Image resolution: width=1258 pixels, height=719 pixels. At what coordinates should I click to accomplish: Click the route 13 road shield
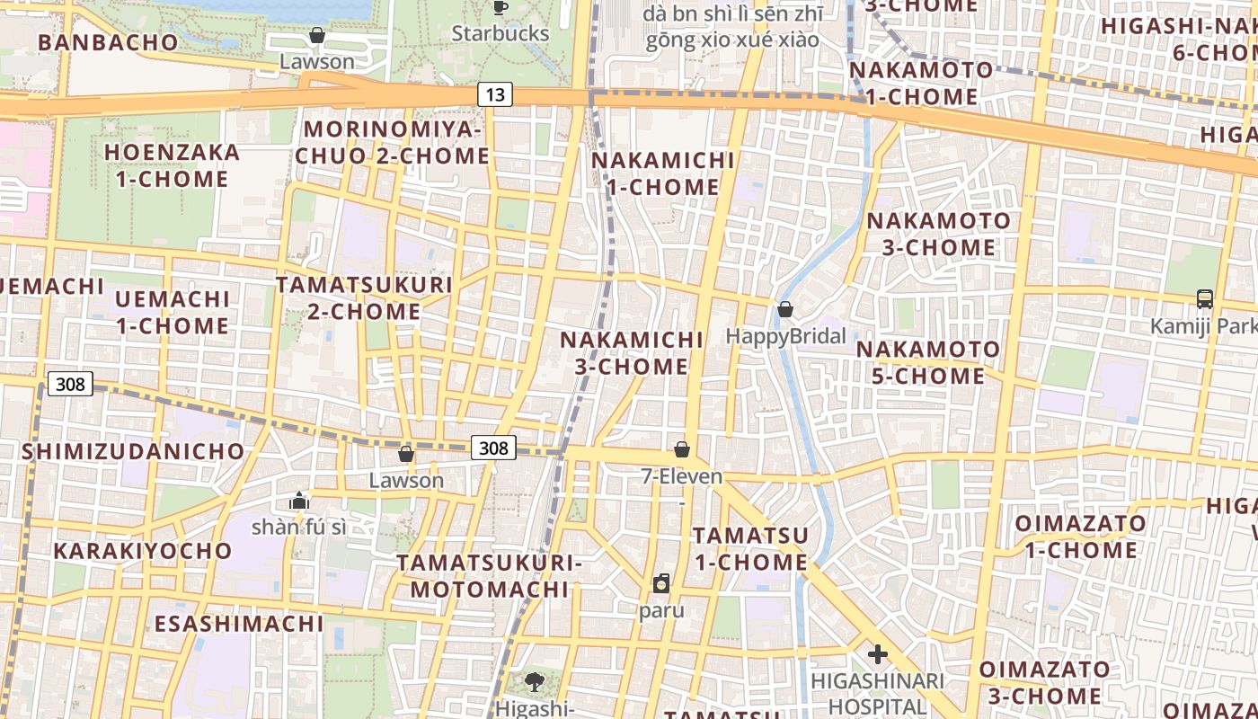(494, 93)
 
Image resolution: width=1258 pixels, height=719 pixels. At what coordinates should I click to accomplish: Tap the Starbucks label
(500, 33)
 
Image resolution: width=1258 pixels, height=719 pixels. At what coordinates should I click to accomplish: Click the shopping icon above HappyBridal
(785, 309)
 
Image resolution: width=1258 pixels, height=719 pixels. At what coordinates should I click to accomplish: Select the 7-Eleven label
(682, 476)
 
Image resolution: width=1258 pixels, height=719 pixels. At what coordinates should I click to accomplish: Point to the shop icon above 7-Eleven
(682, 449)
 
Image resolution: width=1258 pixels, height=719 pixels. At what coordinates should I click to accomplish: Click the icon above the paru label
(661, 583)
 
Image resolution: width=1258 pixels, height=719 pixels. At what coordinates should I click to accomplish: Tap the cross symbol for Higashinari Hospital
(878, 654)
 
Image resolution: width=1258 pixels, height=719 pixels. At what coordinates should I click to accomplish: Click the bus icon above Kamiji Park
(1205, 298)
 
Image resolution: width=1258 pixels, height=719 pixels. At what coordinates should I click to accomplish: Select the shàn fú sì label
(298, 528)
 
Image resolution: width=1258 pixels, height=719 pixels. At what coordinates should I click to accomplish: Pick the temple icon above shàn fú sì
(299, 501)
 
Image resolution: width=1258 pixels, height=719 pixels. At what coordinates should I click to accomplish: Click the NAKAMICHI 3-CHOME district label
(632, 353)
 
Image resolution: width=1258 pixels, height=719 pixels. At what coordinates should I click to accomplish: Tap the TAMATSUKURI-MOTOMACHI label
(490, 576)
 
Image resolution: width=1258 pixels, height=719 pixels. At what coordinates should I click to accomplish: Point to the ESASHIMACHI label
(239, 624)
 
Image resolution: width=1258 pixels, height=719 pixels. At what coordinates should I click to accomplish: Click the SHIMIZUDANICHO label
(133, 451)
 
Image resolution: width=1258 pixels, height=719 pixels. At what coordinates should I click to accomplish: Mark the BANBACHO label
(109, 42)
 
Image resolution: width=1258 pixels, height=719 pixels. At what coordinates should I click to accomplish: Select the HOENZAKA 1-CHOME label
(173, 165)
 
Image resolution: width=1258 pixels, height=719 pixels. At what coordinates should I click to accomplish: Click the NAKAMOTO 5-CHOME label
(928, 362)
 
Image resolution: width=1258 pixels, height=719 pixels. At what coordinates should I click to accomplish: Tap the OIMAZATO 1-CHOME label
(1080, 537)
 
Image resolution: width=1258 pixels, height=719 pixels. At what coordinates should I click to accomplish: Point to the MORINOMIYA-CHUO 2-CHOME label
(393, 143)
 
